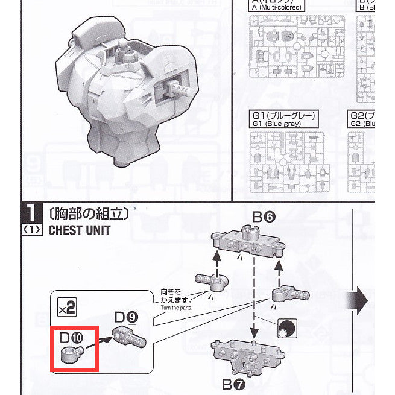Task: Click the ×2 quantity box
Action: click(66, 308)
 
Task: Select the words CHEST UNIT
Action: click(79, 230)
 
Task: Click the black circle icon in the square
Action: click(286, 328)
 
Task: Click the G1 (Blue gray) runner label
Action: click(283, 119)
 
